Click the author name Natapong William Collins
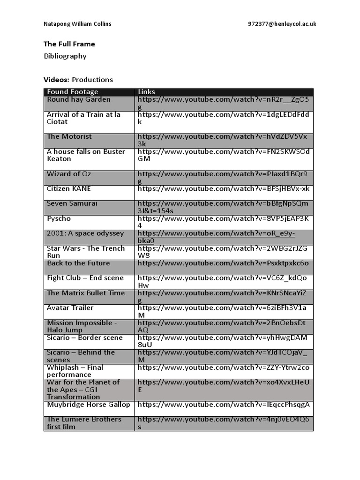click(x=77, y=24)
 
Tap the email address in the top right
click(x=282, y=24)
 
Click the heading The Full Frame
click(x=69, y=44)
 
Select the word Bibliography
click(x=65, y=56)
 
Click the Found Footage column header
click(x=72, y=92)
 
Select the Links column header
click(x=146, y=92)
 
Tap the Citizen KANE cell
click(x=69, y=189)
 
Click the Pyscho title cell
click(x=59, y=219)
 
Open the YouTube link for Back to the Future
click(x=223, y=263)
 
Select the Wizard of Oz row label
click(x=69, y=174)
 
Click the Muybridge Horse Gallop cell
click(x=88, y=405)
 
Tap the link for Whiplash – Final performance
click(x=223, y=368)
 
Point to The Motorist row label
click(x=69, y=136)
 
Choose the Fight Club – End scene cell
click(x=85, y=278)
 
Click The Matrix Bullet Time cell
click(x=86, y=293)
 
